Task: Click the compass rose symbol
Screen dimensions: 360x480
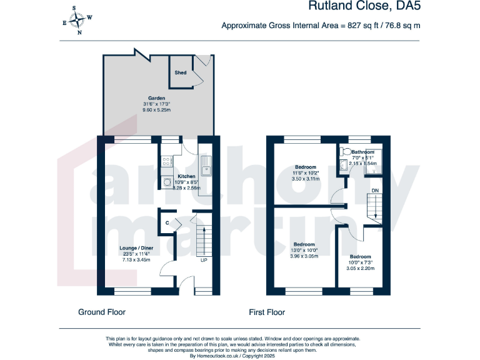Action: tap(78, 20)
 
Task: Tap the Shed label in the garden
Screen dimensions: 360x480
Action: tap(180, 73)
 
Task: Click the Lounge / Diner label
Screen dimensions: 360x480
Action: tap(136, 247)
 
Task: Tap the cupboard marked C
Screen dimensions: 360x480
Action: tap(167, 223)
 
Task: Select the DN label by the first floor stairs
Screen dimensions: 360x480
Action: tap(374, 190)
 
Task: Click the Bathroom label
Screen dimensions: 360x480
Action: tap(362, 152)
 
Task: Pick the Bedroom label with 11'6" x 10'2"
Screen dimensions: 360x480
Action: tap(305, 167)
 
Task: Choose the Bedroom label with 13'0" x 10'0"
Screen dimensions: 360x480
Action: tap(304, 244)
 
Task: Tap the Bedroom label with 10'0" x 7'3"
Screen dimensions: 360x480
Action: tap(360, 257)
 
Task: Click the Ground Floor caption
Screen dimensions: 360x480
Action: tap(101, 312)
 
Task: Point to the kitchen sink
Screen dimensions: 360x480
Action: tap(206, 167)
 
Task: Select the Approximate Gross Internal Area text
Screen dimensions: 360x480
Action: tap(321, 26)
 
